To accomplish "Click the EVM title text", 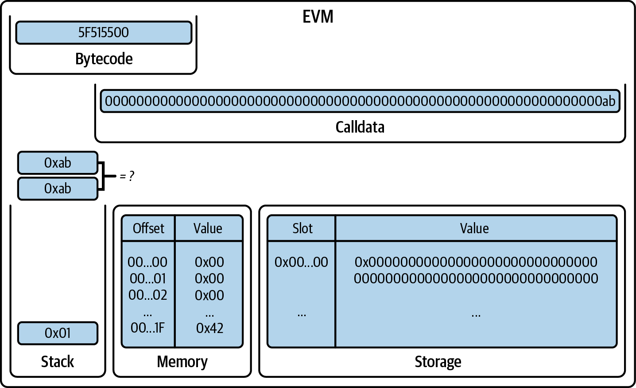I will tap(318, 17).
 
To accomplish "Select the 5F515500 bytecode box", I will tap(104, 32).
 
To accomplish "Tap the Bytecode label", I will tap(104, 59).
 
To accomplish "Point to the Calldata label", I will tap(360, 127).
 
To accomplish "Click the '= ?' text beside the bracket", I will tap(127, 176).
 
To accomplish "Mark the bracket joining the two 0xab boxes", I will tap(103, 176).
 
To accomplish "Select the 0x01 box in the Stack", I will tap(58, 333).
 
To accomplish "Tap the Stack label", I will tap(58, 361).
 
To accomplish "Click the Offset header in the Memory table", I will tap(148, 228).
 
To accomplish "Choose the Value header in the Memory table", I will tap(208, 228).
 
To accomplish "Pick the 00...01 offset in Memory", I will tap(148, 278).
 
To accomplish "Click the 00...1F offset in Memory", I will tap(148, 328).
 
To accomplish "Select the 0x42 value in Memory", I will tap(209, 328).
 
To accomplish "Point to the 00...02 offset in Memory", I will tap(148, 295).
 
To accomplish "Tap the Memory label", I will tap(182, 361).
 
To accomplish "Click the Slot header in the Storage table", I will tap(302, 228).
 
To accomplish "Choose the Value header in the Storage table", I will tap(474, 228).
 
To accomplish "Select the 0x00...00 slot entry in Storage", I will tap(301, 262).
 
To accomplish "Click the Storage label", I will tap(438, 361).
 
